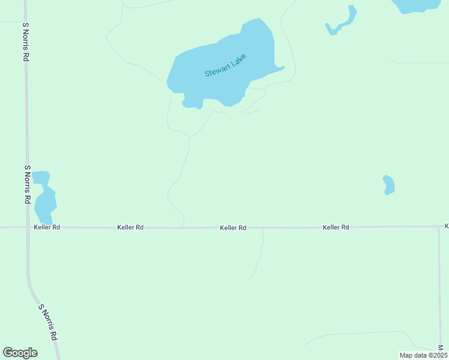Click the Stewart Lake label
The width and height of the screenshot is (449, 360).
[x=225, y=65]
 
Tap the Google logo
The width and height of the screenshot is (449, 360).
[x=20, y=353]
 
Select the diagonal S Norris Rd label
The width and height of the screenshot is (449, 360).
[x=48, y=323]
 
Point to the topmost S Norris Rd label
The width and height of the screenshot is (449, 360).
[x=26, y=42]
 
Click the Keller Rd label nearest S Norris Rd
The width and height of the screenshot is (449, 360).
[x=47, y=227]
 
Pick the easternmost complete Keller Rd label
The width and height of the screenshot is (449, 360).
[x=336, y=227]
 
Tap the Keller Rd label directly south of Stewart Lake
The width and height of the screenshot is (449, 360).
[x=233, y=227]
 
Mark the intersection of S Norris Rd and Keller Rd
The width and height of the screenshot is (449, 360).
[x=27, y=227]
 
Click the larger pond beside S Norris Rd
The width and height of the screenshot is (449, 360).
[x=44, y=204]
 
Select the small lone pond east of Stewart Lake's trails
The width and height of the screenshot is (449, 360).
[x=389, y=184]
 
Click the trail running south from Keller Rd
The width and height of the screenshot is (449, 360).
[x=260, y=255]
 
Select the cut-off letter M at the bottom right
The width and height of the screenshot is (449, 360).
[x=440, y=348]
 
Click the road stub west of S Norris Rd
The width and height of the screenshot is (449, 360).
[x=11, y=22]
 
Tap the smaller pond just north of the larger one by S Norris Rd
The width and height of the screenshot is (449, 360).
[x=41, y=178]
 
